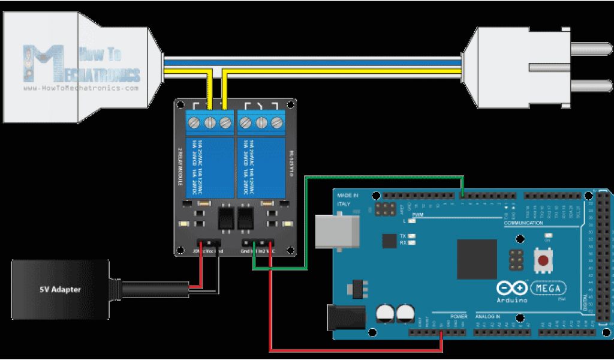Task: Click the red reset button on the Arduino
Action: coord(544,260)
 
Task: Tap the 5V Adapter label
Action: coord(60,290)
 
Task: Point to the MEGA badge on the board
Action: coord(548,288)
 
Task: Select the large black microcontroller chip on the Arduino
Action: coord(477,259)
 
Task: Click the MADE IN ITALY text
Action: coord(348,199)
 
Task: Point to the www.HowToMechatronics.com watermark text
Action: coord(81,88)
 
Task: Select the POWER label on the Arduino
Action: coord(458,316)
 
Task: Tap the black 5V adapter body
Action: coord(60,290)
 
